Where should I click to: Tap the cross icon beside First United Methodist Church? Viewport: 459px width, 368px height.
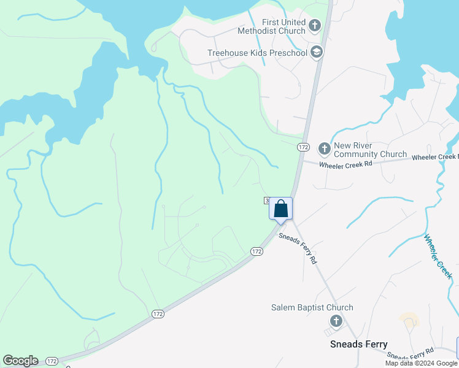[x=315, y=26]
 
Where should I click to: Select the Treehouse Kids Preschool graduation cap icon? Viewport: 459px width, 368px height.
[x=317, y=53]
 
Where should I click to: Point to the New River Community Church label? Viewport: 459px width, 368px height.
[x=370, y=150]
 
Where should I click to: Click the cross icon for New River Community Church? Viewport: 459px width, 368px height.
[x=324, y=148]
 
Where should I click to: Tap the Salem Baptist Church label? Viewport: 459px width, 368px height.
[x=312, y=307]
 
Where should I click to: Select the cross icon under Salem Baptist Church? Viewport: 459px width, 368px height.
[x=336, y=321]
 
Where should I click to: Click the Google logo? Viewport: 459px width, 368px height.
[x=20, y=361]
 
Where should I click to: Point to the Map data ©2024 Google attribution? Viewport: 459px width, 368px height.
[x=420, y=363]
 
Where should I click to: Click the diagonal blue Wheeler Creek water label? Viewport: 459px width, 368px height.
[x=438, y=257]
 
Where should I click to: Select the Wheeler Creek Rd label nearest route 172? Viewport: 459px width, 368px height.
[x=341, y=164]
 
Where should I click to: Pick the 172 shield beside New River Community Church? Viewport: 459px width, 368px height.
[x=303, y=147]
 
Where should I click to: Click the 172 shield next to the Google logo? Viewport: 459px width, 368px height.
[x=52, y=361]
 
